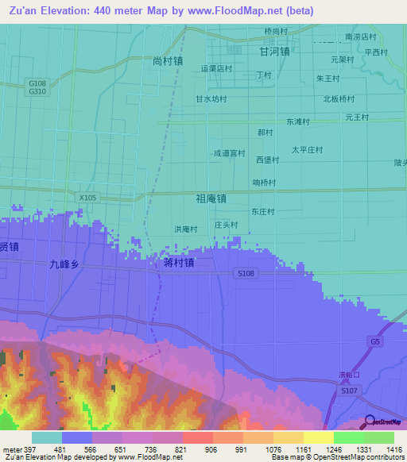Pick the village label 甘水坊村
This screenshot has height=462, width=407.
211,99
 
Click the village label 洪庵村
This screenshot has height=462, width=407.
185,229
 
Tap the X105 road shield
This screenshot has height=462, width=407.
88,197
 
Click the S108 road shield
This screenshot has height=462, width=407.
246,273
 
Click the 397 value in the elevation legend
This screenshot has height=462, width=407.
27,449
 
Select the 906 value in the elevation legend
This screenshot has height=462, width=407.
210,449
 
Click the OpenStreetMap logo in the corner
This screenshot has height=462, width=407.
383,422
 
